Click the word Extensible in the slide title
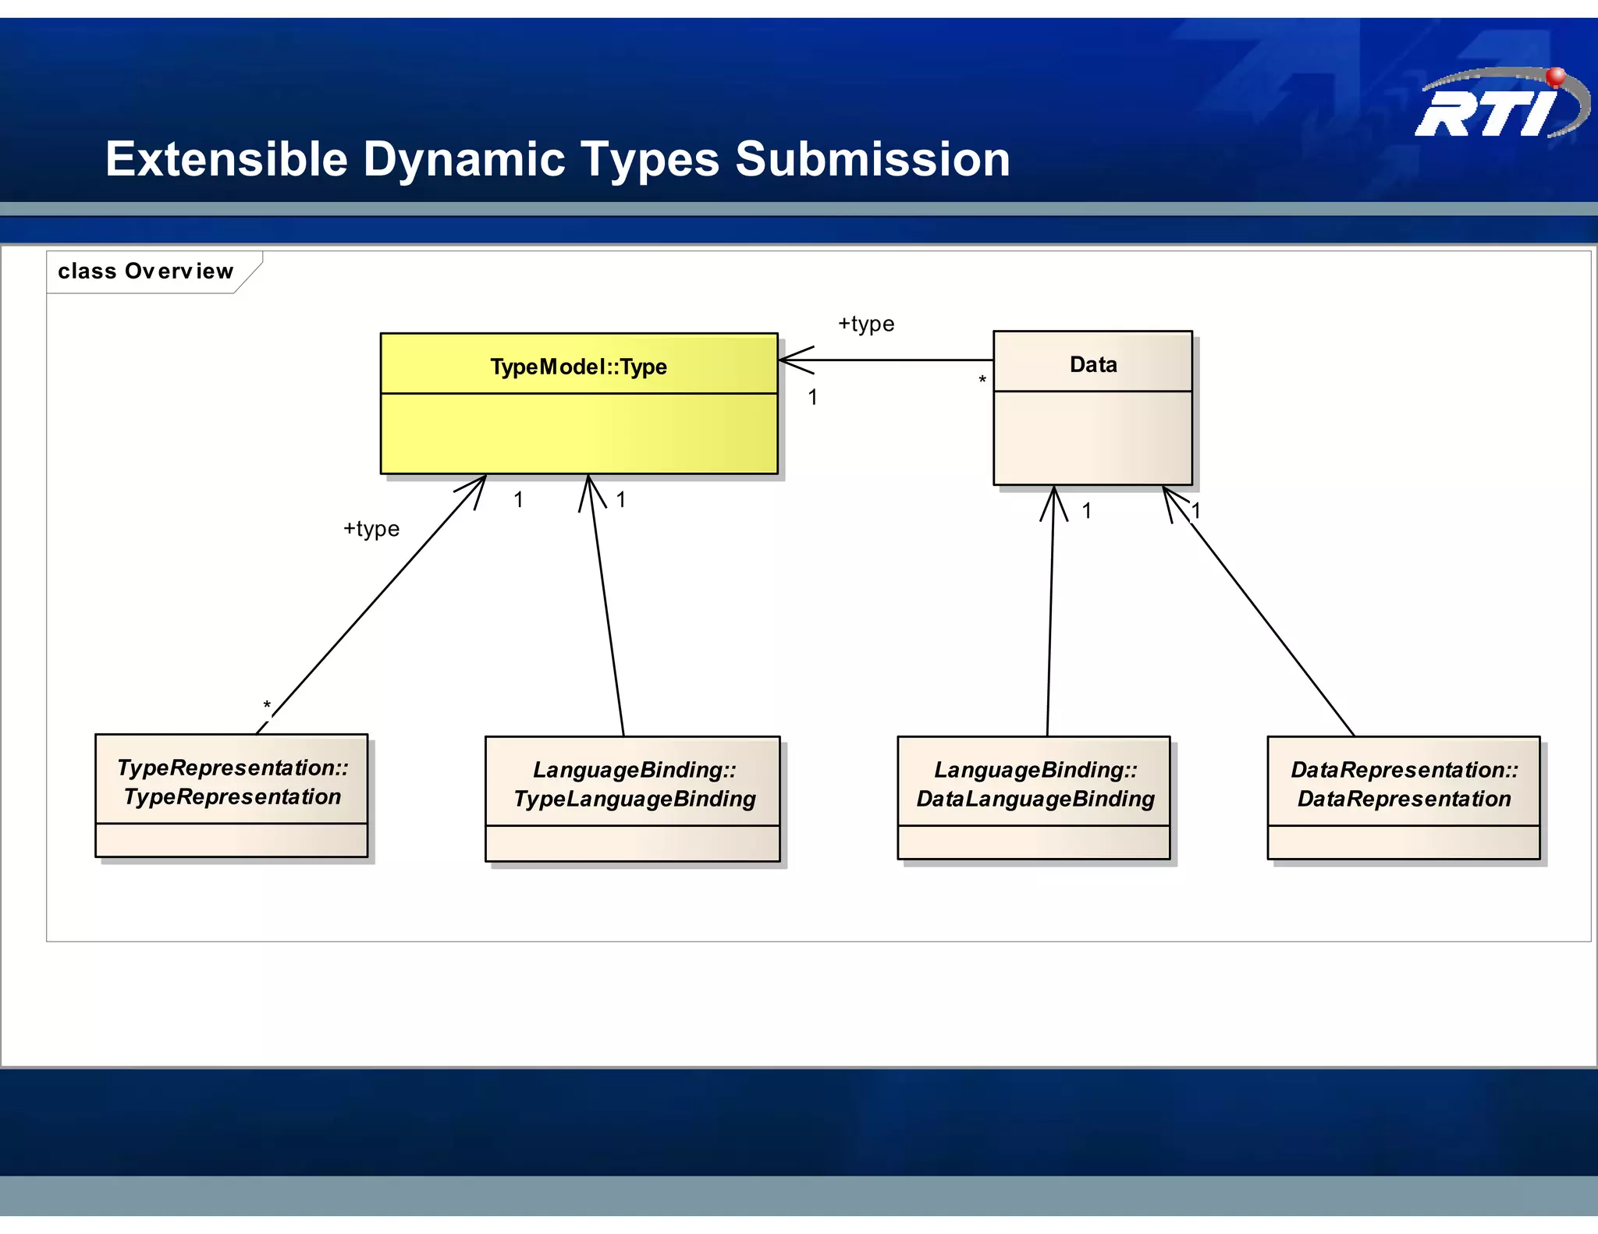tap(226, 159)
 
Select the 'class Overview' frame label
tap(145, 271)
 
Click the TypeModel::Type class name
tap(578, 366)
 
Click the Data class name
tap(1092, 364)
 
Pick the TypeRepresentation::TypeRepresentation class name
tap(232, 782)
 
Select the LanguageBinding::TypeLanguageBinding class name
tap(634, 784)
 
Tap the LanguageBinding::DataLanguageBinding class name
tap(1035, 784)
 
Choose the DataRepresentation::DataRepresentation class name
tap(1404, 784)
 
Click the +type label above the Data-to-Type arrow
tap(866, 324)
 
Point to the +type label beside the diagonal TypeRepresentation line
tap(371, 529)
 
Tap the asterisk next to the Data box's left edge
tap(982, 381)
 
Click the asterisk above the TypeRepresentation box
tap(267, 706)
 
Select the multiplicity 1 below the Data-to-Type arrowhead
tap(812, 397)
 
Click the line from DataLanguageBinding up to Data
tap(1050, 616)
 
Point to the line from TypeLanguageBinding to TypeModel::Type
tap(606, 608)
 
